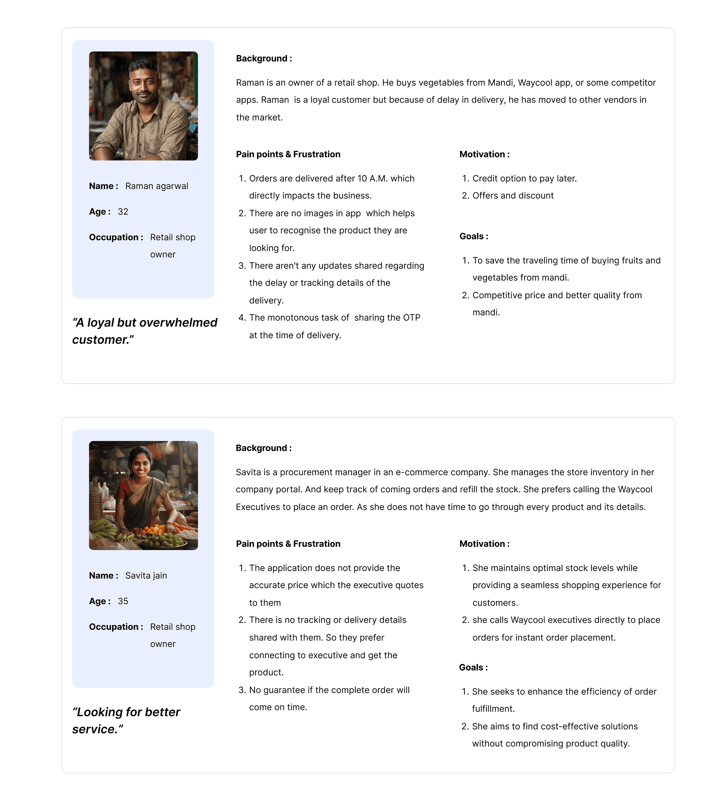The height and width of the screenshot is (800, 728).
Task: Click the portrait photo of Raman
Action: tap(143, 106)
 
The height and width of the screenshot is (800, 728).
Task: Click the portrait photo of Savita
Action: tap(143, 495)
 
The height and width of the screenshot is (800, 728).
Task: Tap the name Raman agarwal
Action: tap(157, 186)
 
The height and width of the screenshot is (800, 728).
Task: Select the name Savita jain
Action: tap(146, 575)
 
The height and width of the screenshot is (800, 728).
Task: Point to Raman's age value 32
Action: tap(123, 211)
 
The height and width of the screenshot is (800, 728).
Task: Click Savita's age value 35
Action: tap(123, 601)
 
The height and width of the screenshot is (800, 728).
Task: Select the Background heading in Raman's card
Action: tap(264, 58)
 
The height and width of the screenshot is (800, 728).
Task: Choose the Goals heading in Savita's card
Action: tap(473, 667)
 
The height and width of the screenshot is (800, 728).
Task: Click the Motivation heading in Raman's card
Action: tap(484, 154)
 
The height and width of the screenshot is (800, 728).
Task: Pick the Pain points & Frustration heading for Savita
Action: tap(288, 544)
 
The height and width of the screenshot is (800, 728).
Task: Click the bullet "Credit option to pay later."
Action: tap(524, 179)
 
